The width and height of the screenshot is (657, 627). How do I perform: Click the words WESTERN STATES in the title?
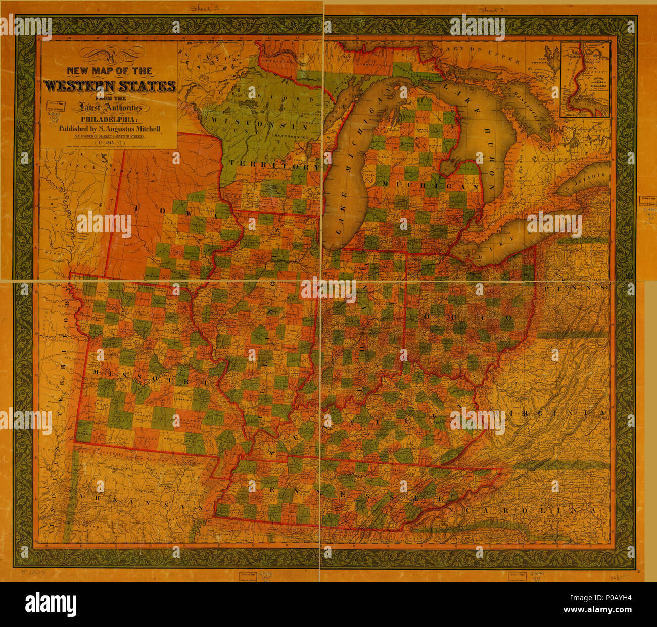point(110,86)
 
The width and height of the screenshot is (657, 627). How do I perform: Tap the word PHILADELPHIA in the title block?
point(109,120)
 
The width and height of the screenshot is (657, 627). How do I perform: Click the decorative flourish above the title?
point(109,53)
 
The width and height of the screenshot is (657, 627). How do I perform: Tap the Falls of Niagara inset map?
point(585,80)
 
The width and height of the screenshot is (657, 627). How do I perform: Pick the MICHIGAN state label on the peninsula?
point(430,186)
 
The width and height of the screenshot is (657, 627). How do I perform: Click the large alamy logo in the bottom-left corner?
point(51,603)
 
